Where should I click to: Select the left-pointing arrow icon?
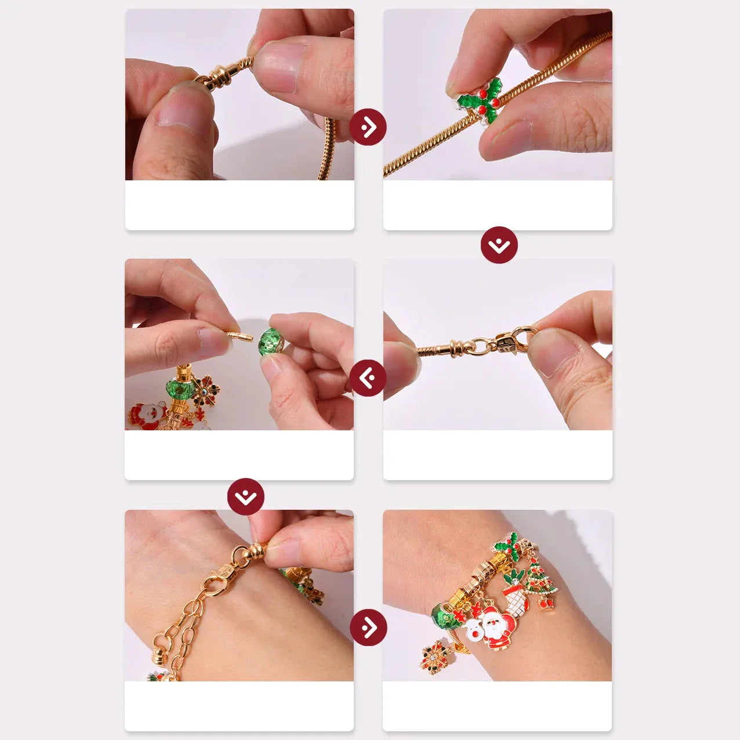367,378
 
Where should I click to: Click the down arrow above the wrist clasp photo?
246,496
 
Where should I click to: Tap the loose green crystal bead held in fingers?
271,340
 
